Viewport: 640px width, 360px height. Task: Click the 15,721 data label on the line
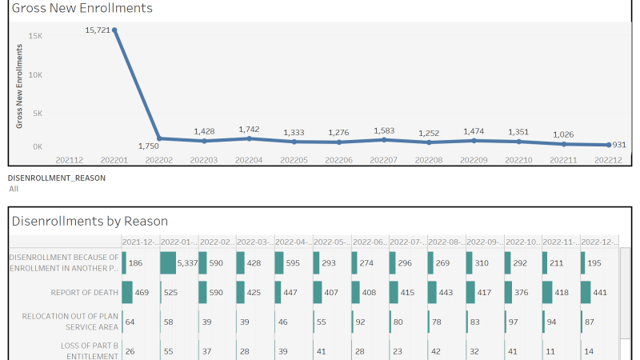coord(98,30)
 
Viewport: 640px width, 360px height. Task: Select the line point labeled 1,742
coord(250,138)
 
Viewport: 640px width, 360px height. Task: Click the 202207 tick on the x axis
coord(384,160)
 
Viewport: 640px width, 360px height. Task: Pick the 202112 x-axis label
coord(70,160)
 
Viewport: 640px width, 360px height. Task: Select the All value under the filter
coord(14,190)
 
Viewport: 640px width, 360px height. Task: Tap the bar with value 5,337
coord(168,262)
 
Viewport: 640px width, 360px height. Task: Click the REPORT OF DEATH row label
coord(84,293)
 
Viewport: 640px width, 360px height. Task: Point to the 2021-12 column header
coord(139,242)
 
